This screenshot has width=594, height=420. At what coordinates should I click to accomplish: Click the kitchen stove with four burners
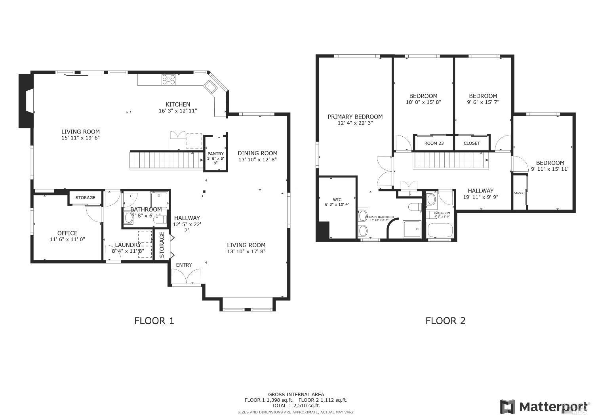168,80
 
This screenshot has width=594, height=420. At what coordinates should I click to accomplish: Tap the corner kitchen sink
210,87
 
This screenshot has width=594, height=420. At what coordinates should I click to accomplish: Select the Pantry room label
215,154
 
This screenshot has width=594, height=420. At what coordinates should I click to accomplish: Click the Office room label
67,233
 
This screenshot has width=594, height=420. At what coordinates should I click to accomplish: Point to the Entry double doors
186,276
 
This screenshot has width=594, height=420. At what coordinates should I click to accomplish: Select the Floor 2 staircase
451,160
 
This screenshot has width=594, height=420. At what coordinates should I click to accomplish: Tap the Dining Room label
257,153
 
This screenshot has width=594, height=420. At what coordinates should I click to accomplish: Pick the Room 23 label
434,143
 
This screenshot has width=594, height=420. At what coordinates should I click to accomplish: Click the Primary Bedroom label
355,117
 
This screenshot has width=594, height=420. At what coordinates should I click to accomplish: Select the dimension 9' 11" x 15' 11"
550,169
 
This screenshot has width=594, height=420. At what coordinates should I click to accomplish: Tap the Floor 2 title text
445,321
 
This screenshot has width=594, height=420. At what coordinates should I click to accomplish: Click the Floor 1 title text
154,321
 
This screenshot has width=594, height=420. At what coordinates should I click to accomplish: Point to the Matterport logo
543,407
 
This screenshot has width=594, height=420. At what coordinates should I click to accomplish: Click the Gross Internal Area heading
296,394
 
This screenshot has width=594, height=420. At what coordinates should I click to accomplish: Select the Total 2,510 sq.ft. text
296,405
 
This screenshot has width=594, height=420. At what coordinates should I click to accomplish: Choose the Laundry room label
128,245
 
